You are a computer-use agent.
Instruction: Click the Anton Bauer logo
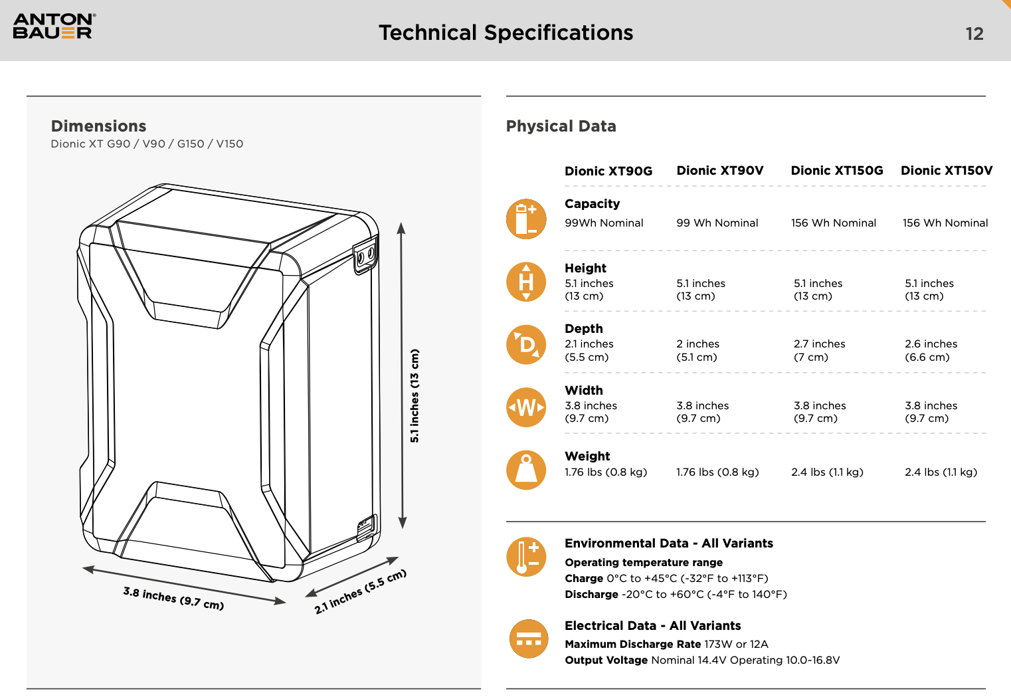[x=54, y=27]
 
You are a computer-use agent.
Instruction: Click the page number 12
[x=974, y=34]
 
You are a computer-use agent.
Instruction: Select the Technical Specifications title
[x=505, y=33]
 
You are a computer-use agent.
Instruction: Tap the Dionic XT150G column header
[x=836, y=171]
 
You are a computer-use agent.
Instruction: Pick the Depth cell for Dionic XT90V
[x=697, y=350]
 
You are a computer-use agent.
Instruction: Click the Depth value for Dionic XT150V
[x=931, y=350]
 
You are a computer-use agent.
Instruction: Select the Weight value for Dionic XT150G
[x=827, y=472]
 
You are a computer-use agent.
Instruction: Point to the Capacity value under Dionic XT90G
[x=604, y=223]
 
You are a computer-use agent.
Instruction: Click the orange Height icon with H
[x=526, y=282]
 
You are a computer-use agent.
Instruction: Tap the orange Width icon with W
[x=526, y=407]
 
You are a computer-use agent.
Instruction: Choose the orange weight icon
[x=526, y=470]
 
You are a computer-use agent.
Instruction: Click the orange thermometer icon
[x=526, y=556]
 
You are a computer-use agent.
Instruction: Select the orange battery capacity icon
[x=526, y=219]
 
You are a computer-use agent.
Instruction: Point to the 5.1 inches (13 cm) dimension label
[x=414, y=395]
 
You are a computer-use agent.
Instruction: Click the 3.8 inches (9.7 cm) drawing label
[x=173, y=598]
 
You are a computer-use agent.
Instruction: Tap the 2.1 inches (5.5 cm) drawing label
[x=360, y=591]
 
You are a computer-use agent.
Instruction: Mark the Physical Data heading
[x=561, y=126]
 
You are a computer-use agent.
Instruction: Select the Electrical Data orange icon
[x=528, y=639]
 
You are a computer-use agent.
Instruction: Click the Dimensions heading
[x=98, y=126]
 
